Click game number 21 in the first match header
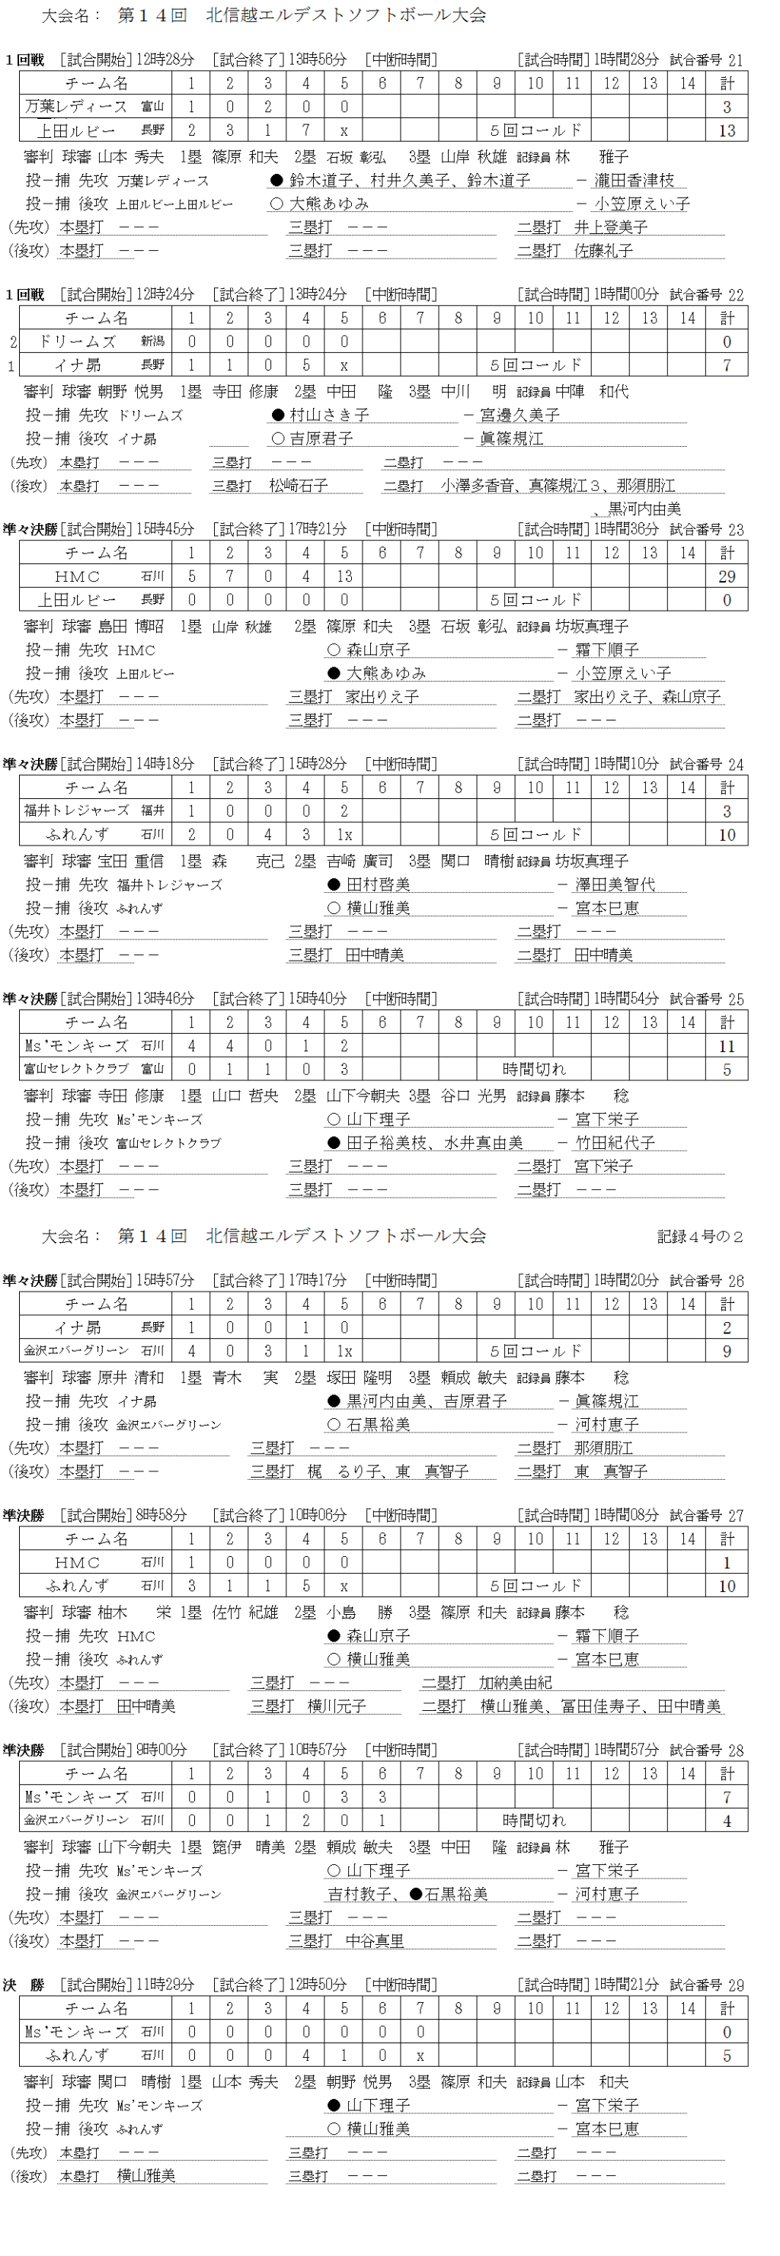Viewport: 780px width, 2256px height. pyautogui.click(x=734, y=60)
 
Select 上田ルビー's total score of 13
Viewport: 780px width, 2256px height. pyautogui.click(x=727, y=130)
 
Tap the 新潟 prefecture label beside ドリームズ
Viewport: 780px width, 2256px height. pyautogui.click(x=152, y=341)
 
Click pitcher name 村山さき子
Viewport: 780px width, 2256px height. pyautogui.click(x=329, y=415)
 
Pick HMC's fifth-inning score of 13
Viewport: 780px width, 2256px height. pyautogui.click(x=344, y=576)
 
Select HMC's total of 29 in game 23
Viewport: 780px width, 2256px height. pyautogui.click(x=727, y=576)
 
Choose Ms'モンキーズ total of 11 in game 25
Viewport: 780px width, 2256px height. pyautogui.click(x=727, y=1046)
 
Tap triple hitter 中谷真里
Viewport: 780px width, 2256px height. pyautogui.click(x=375, y=1940)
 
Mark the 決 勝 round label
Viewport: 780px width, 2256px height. pyautogui.click(x=24, y=1985)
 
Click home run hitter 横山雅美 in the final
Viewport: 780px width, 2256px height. pyautogui.click(x=146, y=2176)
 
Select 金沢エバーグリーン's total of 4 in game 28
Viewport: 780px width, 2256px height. pyautogui.click(x=727, y=1821)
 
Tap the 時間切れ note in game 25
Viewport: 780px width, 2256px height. pyautogui.click(x=534, y=1070)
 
